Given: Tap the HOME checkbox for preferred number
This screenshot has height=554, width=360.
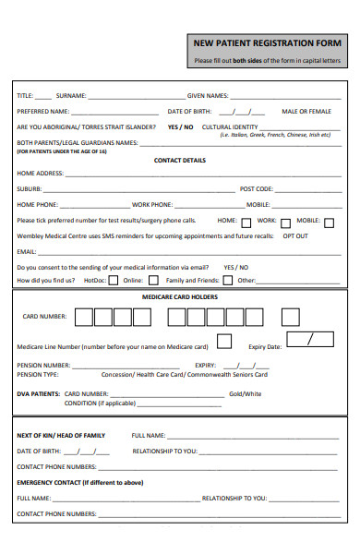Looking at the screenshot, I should click(x=246, y=222).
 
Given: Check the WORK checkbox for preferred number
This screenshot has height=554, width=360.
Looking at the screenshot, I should click(x=286, y=222).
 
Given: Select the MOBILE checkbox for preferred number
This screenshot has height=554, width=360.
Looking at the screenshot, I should click(x=330, y=222).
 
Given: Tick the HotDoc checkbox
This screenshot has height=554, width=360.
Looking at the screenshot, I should click(x=113, y=280).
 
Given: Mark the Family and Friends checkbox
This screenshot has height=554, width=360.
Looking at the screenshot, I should click(x=227, y=280).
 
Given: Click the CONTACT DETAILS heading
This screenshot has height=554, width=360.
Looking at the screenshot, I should click(x=180, y=160).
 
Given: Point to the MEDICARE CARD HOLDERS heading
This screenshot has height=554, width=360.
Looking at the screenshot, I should click(x=180, y=297).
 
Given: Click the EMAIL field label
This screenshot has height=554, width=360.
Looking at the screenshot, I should click(x=27, y=251).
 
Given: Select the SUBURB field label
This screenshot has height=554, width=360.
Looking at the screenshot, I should click(x=30, y=188).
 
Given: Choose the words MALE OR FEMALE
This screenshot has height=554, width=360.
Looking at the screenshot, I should click(x=306, y=111).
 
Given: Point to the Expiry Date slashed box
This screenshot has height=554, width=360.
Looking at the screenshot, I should click(x=309, y=340).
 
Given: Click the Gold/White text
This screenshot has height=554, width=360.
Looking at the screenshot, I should click(x=246, y=393).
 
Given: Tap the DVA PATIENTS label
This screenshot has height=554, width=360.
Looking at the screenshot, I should click(x=38, y=393).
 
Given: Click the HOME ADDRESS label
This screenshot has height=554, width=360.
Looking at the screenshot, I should click(x=40, y=174).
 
